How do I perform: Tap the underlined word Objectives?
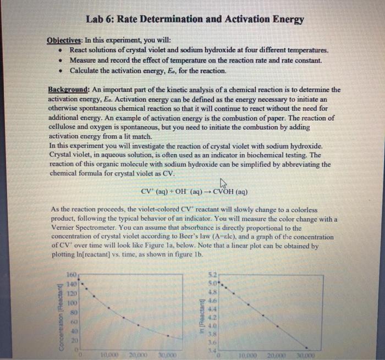tap(65, 41)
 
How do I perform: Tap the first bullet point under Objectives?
tap(60, 51)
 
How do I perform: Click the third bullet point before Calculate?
tap(60, 71)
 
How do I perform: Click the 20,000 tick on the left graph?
tap(130, 353)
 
